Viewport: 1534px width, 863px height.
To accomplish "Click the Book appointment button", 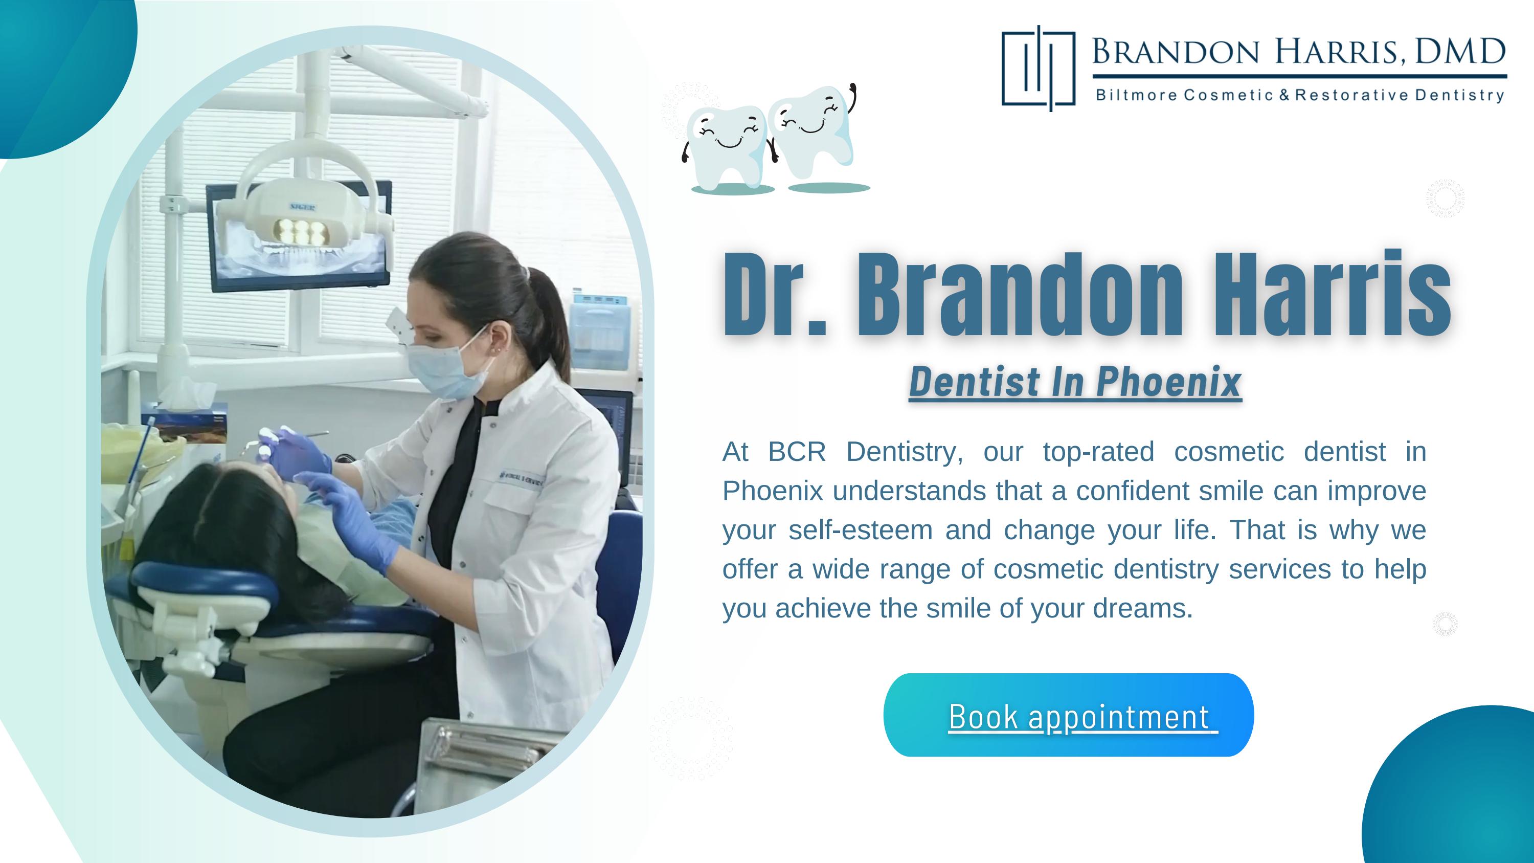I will (1068, 715).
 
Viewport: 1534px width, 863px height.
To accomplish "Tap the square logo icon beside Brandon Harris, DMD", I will (1038, 69).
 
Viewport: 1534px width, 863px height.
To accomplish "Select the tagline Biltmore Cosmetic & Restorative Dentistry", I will (1300, 95).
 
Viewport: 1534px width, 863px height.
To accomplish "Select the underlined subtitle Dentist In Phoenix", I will (1075, 382).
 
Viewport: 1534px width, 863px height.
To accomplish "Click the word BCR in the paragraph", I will (796, 452).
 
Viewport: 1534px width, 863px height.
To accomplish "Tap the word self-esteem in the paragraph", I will (860, 530).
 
